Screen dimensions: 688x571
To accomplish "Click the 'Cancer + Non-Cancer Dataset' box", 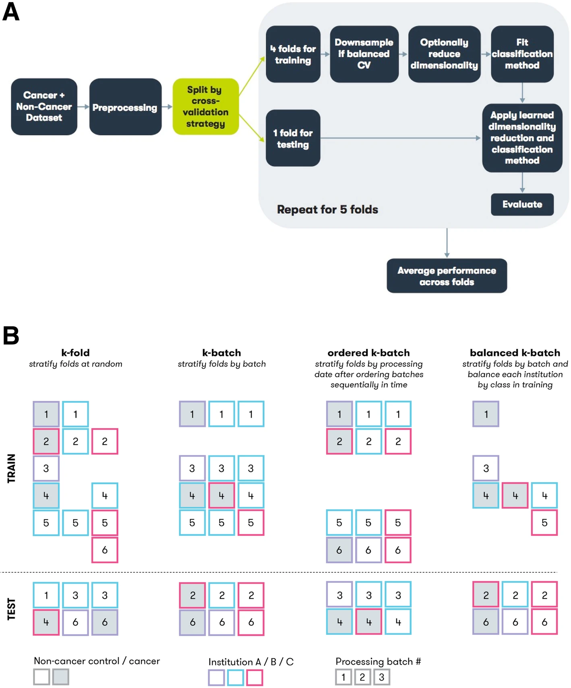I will [44, 107].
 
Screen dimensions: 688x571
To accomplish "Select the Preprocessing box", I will [125, 107].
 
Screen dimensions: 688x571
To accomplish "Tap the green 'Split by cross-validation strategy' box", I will [205, 107].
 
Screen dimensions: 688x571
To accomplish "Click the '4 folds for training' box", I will [293, 54].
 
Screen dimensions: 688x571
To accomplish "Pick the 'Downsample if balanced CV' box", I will [364, 54].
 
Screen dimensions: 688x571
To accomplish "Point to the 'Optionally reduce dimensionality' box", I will [444, 54].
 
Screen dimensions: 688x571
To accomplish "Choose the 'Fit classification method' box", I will [522, 54].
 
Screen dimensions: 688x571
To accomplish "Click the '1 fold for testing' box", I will [293, 138].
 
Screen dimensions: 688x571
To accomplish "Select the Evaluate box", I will [522, 205].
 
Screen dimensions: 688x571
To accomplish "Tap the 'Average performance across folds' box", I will [447, 276].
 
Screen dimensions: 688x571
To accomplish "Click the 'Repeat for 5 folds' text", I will [327, 209].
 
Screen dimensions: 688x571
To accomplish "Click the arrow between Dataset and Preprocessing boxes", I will [83, 107].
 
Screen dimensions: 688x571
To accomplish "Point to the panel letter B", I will [11, 336].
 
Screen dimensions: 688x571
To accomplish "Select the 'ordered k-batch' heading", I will [368, 353].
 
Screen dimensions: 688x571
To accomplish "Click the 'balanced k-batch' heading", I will [515, 353].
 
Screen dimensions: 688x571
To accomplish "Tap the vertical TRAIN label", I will [11, 468].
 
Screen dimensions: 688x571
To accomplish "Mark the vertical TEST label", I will [11, 609].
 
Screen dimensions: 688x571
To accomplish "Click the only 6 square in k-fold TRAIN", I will [105, 550].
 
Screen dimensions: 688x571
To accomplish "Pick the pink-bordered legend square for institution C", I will [254, 678].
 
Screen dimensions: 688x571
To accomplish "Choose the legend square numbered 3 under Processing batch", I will [381, 677].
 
